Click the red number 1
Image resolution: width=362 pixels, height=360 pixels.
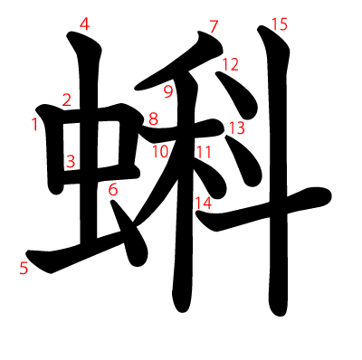coord(35,124)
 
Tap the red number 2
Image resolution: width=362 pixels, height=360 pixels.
coord(67,99)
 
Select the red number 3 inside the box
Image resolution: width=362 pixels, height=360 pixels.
coord(71,161)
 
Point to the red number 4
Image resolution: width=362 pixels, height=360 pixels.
coord(85,24)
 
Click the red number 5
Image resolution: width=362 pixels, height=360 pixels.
coord(24,268)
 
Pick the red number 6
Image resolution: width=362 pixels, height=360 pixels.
coord(113,190)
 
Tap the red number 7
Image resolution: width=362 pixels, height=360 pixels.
coord(214,26)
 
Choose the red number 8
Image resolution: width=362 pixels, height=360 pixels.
coord(153,118)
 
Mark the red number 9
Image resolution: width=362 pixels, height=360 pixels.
coord(168,92)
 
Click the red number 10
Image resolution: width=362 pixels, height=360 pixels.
coord(160,152)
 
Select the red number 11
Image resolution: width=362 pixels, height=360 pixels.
coord(204,152)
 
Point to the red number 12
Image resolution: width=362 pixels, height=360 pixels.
coord(231,64)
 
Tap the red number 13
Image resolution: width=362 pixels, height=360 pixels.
coord(237,128)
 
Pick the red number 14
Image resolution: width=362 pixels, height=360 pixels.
coord(204,203)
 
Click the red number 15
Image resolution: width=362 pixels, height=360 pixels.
coord(280,24)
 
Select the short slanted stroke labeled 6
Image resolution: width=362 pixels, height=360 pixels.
coord(129,233)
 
